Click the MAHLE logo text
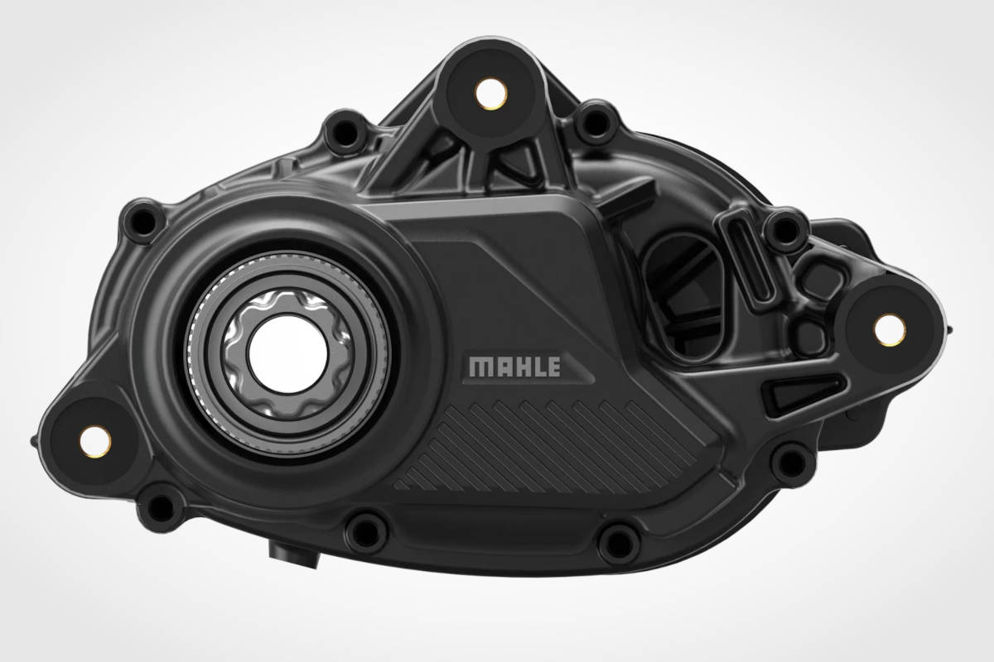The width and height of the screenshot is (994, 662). point(514,367)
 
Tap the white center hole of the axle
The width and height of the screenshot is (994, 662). point(288,354)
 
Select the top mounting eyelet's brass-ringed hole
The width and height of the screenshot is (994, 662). point(491,94)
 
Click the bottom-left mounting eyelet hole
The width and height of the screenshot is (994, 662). point(95,442)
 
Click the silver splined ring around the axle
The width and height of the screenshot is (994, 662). point(288,354)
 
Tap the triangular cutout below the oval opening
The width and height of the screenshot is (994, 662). point(803,392)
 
